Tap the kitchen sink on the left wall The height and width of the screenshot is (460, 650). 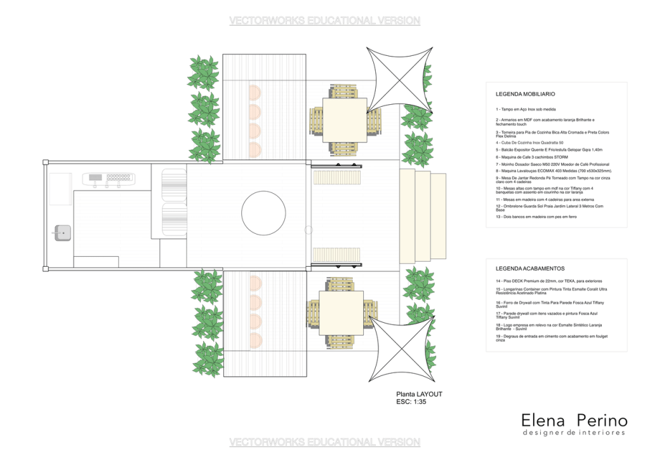coord(62,233)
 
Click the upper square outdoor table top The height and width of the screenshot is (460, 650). coord(344,120)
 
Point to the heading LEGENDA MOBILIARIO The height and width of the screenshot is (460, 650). coord(525,94)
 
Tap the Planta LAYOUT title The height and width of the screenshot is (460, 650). coord(419,394)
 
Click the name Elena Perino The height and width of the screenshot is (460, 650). coord(574,421)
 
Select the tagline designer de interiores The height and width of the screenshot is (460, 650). coord(574,433)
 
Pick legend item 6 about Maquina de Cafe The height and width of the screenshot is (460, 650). coord(531,157)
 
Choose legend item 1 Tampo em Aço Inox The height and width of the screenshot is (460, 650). coord(529,109)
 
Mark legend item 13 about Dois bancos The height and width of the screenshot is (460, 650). coord(536,217)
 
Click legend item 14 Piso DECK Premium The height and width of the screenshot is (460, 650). coord(549,281)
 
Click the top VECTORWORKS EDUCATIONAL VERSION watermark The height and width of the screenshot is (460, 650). coord(324,21)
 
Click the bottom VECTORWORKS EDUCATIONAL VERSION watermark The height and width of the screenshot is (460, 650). coord(324,442)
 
